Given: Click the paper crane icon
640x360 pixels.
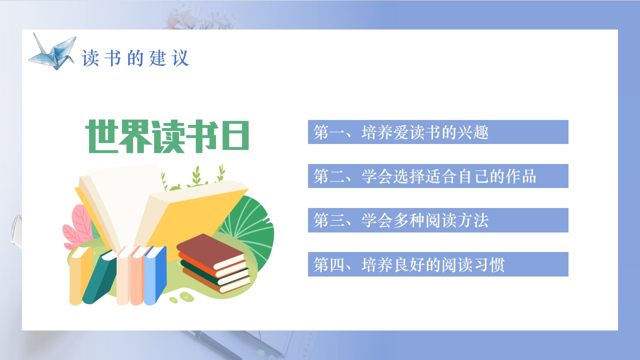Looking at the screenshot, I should [52, 50].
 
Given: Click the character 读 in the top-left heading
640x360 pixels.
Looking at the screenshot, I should [89, 58].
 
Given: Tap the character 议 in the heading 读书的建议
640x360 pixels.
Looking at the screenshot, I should [180, 58].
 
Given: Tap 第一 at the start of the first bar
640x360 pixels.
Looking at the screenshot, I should [329, 132].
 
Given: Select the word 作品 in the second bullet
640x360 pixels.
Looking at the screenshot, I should [520, 176].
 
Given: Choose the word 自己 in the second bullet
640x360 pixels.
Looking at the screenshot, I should [472, 176].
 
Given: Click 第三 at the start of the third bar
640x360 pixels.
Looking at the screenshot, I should [329, 220].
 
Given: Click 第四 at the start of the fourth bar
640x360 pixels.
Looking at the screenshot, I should [329, 264].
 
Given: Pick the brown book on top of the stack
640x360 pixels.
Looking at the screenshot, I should [210, 250].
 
